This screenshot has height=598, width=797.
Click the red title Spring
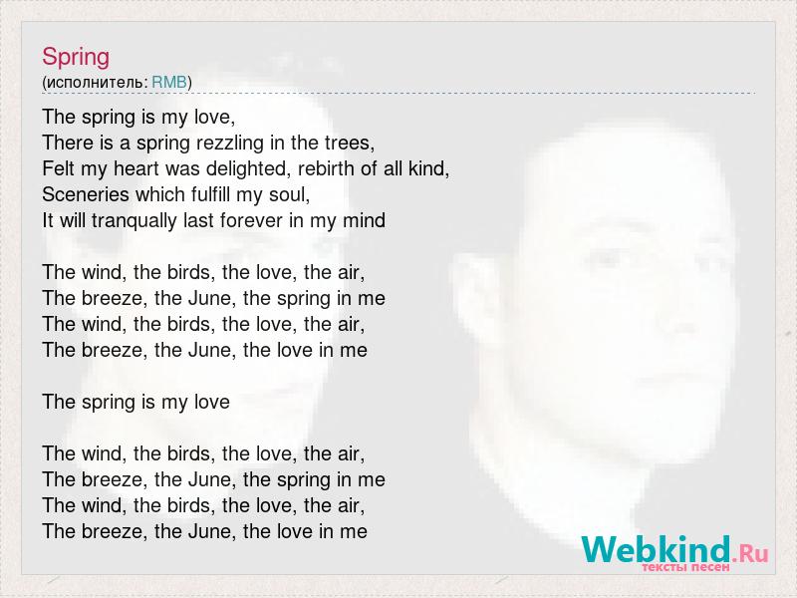click(76, 58)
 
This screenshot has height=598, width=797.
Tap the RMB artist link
click(169, 82)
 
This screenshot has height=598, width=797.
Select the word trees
click(350, 143)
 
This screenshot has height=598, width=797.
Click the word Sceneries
click(86, 194)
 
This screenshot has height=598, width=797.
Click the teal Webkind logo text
click(657, 549)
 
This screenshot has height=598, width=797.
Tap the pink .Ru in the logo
click(750, 553)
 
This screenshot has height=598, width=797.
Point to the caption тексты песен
click(685, 567)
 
